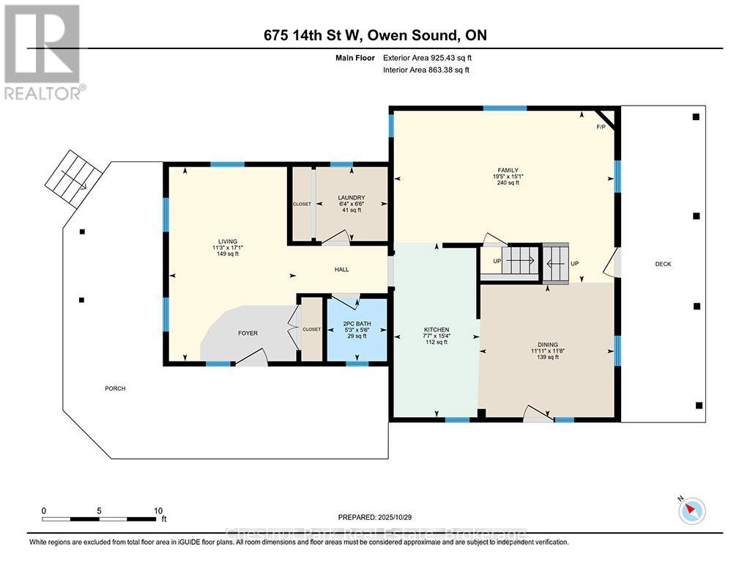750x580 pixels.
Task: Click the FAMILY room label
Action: (x=506, y=170)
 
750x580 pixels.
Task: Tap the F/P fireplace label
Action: (x=601, y=128)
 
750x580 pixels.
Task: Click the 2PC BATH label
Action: (x=357, y=323)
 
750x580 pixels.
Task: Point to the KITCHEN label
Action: (x=436, y=329)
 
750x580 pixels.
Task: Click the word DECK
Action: (x=663, y=264)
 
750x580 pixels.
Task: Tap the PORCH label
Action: (x=115, y=388)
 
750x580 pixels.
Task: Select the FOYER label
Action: (x=248, y=333)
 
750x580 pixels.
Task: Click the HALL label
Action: (x=341, y=269)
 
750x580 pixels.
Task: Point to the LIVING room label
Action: (x=227, y=241)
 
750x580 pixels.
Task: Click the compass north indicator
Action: (x=691, y=510)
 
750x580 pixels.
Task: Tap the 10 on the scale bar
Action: (x=157, y=510)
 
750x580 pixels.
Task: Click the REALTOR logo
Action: (x=43, y=51)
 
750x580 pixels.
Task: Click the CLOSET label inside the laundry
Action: (x=302, y=204)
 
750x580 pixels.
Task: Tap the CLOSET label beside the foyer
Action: (x=312, y=329)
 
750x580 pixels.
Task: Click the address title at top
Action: (x=375, y=35)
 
